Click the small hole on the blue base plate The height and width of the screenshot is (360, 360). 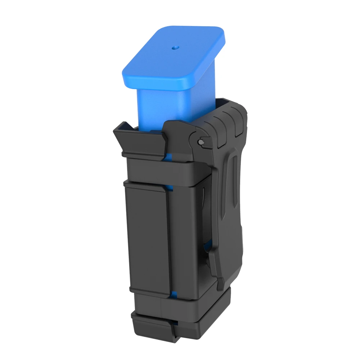[175, 47]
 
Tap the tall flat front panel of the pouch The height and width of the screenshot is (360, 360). [148, 238]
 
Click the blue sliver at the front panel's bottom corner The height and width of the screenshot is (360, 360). [174, 295]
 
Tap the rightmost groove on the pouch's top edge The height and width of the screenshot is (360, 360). [239, 124]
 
